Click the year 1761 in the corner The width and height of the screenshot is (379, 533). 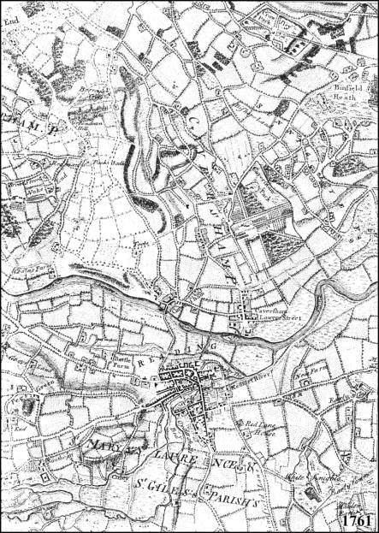pos(358,518)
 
